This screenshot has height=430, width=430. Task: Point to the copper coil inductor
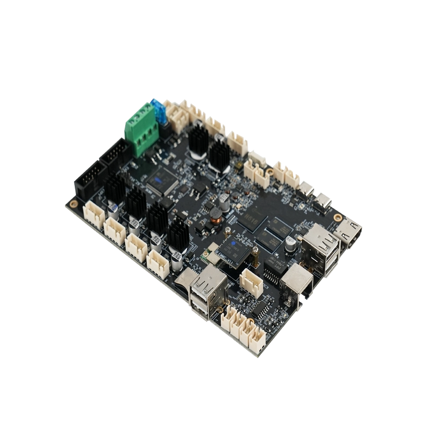(217, 215)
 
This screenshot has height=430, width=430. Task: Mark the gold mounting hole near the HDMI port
(337, 217)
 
